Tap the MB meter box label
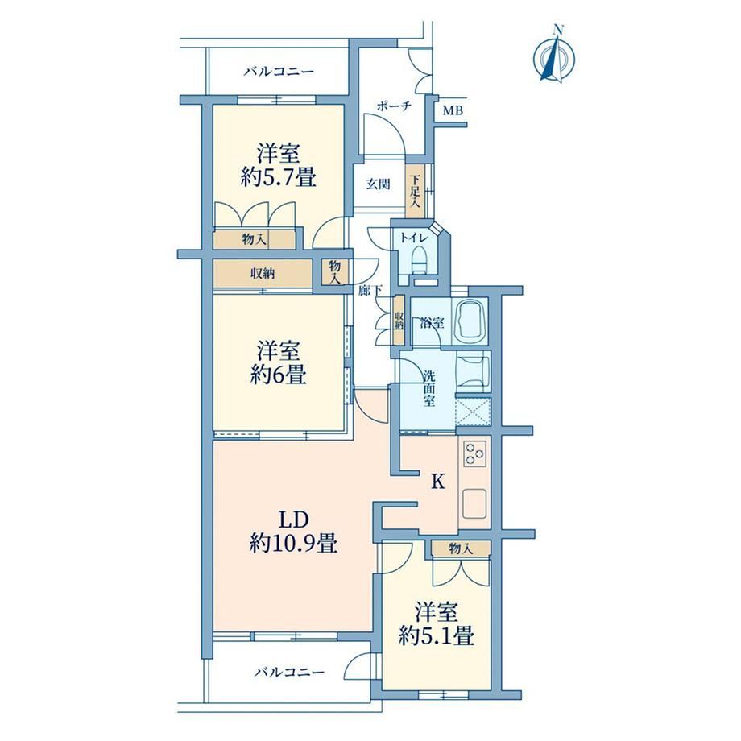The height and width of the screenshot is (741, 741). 453,111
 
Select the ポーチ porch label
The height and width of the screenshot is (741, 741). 394,106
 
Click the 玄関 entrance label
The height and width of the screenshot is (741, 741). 378,184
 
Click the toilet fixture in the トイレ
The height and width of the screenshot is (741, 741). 419,260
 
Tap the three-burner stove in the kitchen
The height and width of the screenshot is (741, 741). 474,453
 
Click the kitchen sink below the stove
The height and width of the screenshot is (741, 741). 474,503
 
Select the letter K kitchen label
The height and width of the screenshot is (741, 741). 438,482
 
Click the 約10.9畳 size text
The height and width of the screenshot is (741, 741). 293,544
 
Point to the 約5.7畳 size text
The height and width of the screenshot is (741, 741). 278,178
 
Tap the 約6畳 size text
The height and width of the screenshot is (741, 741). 279,375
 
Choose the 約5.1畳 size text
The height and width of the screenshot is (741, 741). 437,636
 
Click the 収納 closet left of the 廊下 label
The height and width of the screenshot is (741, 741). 263,273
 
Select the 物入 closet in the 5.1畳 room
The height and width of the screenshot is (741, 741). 460,549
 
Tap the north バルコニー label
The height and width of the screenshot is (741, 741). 279,72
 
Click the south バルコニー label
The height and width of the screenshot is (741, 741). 290,672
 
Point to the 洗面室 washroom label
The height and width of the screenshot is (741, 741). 428,389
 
